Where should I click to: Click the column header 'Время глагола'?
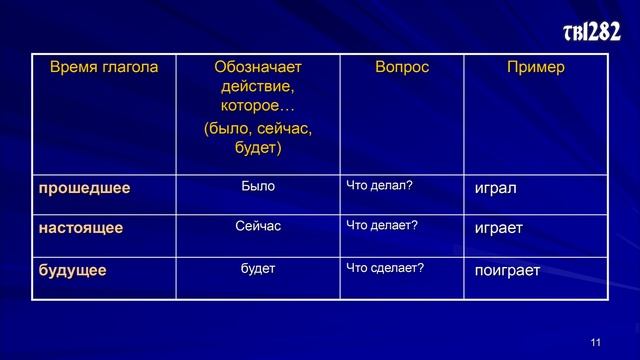(104, 68)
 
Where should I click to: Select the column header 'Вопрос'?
(401, 68)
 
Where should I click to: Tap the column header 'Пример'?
(535, 68)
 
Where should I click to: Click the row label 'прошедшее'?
(84, 187)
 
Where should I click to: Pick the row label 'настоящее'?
(80, 228)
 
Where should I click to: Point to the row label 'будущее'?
(72, 270)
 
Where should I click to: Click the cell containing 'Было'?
(258, 186)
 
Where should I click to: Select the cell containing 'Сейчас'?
(258, 227)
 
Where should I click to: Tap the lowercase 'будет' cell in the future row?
(258, 269)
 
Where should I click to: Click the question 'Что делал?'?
(379, 186)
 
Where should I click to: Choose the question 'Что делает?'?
(381, 227)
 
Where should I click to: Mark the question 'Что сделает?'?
(385, 269)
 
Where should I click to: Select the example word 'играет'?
(499, 229)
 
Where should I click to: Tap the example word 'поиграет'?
(507, 271)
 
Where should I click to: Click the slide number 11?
(596, 343)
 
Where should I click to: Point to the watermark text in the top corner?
(593, 33)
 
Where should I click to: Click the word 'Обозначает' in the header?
(258, 68)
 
